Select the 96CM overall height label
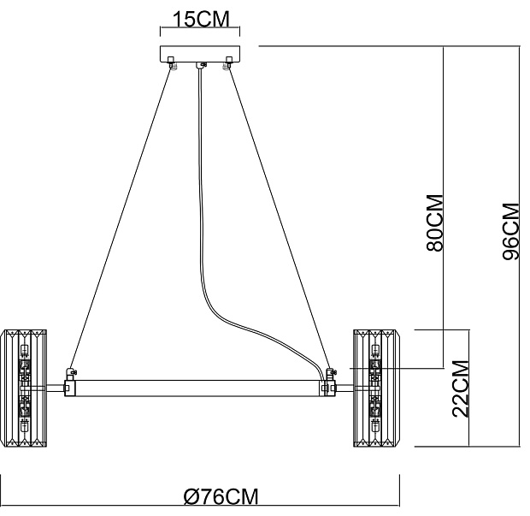click(x=510, y=231)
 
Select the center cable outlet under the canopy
click(x=201, y=65)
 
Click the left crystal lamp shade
click(x=25, y=388)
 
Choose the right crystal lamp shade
click(x=377, y=388)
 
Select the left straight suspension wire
click(x=120, y=222)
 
